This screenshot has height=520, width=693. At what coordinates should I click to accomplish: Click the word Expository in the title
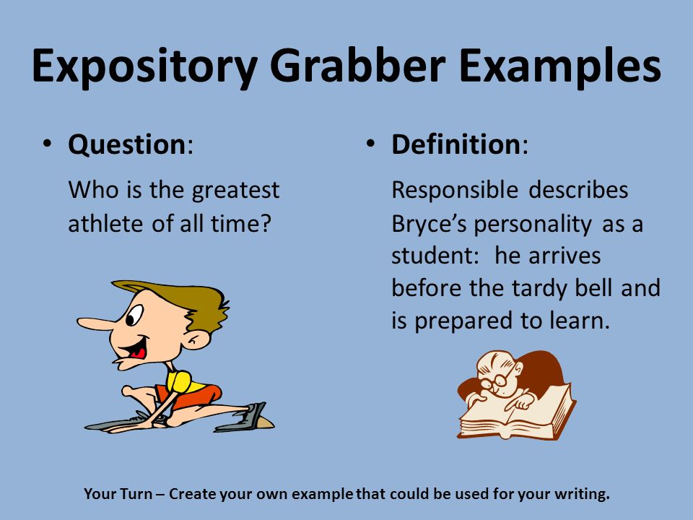(x=144, y=66)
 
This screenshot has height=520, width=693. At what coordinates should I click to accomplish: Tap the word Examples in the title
(x=560, y=66)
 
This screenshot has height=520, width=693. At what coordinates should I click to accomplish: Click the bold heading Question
(x=127, y=145)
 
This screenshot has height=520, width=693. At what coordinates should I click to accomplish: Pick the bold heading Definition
(x=456, y=144)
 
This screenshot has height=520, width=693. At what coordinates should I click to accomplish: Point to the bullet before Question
(x=47, y=143)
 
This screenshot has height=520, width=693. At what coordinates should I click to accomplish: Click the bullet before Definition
(x=370, y=143)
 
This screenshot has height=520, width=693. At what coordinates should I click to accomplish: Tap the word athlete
(x=106, y=224)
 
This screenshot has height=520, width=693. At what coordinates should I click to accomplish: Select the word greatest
(x=235, y=191)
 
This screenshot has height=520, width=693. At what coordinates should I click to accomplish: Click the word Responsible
(x=455, y=191)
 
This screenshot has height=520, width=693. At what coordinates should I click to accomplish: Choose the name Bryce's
(x=429, y=225)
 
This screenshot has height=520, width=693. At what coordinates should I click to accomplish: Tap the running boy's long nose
(x=95, y=324)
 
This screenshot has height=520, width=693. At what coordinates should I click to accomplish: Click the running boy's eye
(x=134, y=314)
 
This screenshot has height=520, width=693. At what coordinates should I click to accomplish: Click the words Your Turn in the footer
(x=118, y=493)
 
